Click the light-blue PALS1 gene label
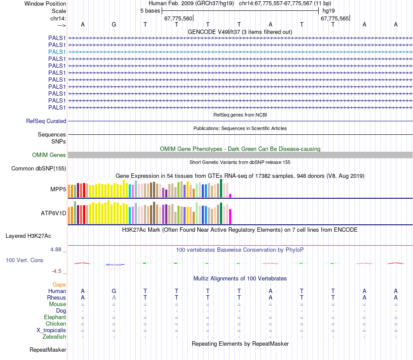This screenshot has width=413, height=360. click(x=57, y=52)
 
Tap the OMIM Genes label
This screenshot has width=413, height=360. click(x=49, y=155)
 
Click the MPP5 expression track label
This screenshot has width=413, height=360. click(x=58, y=189)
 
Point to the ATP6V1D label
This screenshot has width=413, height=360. click(x=53, y=213)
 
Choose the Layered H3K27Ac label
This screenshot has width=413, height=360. click(x=28, y=236)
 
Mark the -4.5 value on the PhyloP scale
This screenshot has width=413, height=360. click(x=58, y=271)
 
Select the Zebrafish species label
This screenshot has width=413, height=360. click(x=54, y=337)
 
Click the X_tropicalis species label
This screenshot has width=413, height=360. click(x=51, y=330)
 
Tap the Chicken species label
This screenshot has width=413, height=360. click(x=56, y=323)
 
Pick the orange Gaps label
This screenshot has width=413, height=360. click(x=59, y=284)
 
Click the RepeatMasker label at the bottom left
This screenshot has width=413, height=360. click(x=48, y=350)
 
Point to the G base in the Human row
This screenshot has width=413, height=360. click(x=114, y=291)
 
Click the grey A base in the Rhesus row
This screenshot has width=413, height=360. click(x=114, y=297)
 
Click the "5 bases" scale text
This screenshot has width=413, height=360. click(x=150, y=10)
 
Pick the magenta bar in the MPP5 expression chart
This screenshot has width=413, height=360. click(x=230, y=195)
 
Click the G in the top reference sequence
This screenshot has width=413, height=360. click(x=114, y=24)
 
